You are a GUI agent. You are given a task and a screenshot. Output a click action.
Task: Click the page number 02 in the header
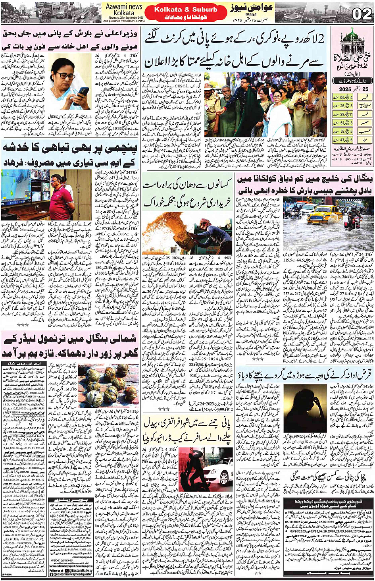coord(362,14)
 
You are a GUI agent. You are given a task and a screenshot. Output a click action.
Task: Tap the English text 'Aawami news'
coord(124,7)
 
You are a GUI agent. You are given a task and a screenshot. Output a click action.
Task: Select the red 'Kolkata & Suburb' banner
coord(185,10)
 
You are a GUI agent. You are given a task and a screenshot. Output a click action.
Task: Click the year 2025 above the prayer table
coord(345,89)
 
